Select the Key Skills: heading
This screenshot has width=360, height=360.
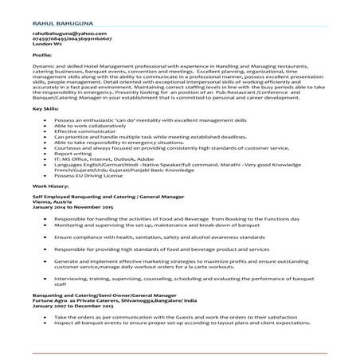point(42,107)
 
